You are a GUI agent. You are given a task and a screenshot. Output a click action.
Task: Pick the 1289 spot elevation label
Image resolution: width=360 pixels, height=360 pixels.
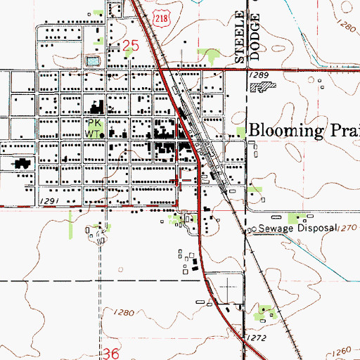(x=259, y=75)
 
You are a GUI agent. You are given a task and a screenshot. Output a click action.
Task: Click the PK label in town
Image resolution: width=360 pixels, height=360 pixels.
(x=94, y=120)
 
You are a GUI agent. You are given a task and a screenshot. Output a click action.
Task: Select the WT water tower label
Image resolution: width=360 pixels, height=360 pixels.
(x=94, y=131)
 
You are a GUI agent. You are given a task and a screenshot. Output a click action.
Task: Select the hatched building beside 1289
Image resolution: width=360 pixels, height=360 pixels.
(x=264, y=87)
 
